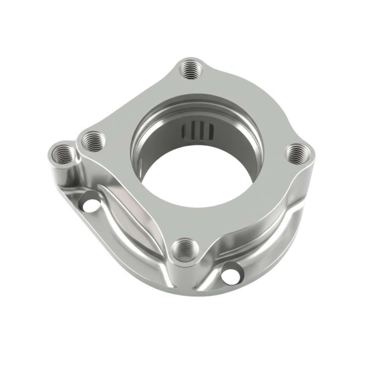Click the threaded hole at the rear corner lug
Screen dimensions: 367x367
point(191,70)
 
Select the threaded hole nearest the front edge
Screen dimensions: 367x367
point(184,250)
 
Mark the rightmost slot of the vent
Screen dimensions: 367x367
point(210,131)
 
